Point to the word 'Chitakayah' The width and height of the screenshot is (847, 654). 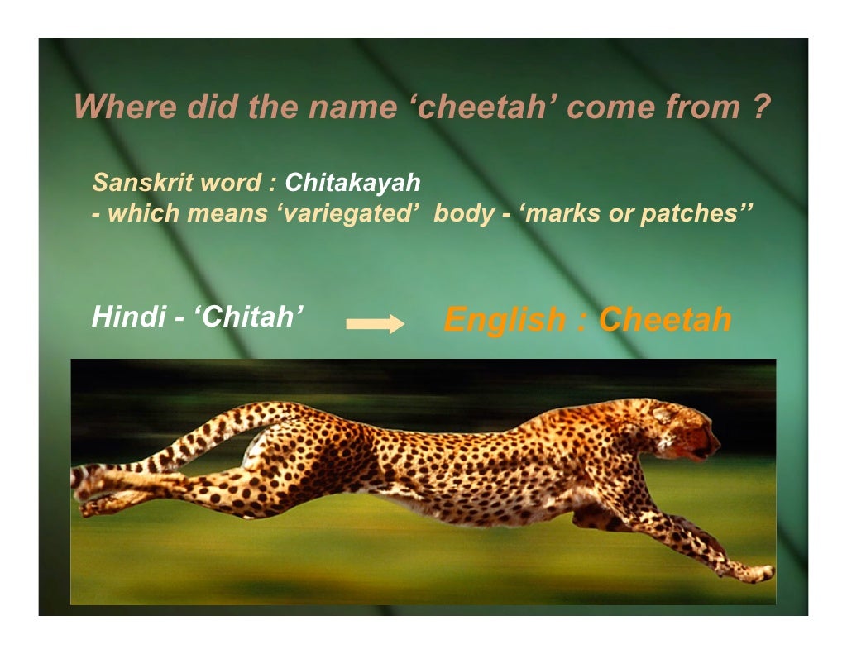point(352,182)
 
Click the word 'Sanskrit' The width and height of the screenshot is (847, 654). point(134,182)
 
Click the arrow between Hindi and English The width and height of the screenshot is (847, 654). point(374,325)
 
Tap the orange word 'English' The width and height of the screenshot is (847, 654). point(505,319)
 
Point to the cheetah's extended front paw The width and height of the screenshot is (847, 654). point(757,573)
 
